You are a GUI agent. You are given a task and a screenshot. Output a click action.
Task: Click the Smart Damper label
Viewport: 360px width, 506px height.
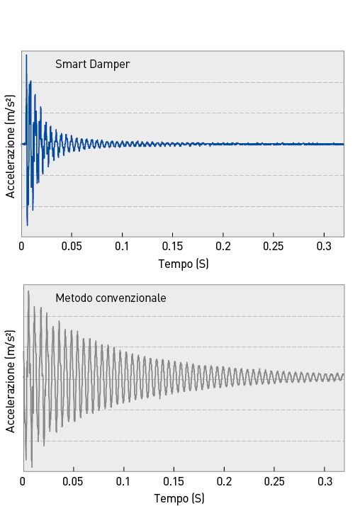(93, 64)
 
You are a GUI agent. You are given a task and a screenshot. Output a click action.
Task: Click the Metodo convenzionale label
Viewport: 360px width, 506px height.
(111, 298)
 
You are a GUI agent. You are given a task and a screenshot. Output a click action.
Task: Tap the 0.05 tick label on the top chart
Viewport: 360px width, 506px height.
(72, 247)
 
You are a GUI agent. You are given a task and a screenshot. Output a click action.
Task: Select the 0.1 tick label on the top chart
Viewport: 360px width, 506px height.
(122, 247)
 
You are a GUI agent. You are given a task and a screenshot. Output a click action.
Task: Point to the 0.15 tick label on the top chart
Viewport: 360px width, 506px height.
(172, 247)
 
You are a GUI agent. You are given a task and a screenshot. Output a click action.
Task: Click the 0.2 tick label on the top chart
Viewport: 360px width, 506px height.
(223, 247)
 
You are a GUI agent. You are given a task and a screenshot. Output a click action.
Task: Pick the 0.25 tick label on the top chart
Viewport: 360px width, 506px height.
(274, 247)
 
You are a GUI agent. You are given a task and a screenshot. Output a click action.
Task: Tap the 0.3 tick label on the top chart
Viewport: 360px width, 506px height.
(324, 247)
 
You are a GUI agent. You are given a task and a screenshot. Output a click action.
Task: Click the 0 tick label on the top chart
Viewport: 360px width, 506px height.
(21, 247)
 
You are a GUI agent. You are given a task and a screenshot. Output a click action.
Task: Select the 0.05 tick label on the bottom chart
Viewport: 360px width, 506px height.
(72, 482)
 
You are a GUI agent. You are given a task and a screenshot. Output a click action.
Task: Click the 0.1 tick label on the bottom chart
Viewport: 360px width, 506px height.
(123, 482)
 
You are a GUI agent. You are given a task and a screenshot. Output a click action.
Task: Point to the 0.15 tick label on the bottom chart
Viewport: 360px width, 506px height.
(173, 482)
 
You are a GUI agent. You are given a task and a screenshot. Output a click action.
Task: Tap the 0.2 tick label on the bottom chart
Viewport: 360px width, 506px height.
(224, 482)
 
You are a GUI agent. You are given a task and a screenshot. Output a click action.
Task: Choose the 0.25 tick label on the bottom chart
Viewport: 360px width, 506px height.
(274, 482)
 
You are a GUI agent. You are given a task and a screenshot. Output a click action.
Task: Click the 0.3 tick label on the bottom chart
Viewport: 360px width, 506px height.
(325, 482)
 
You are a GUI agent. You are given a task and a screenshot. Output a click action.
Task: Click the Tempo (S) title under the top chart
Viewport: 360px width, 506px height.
(184, 264)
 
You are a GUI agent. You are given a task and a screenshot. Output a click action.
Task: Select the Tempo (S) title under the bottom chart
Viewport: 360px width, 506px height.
(179, 499)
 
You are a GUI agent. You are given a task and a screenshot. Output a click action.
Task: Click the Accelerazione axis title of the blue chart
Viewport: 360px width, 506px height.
(11, 146)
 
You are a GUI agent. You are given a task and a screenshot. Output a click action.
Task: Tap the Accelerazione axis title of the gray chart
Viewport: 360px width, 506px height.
(11, 381)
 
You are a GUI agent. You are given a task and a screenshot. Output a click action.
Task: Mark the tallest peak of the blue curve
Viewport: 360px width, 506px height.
(26, 55)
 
